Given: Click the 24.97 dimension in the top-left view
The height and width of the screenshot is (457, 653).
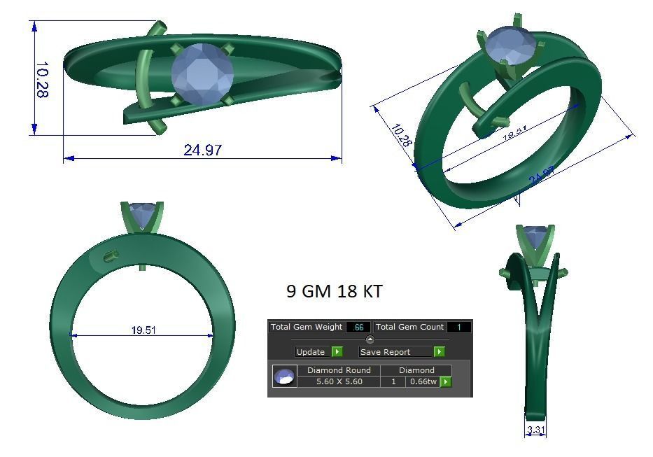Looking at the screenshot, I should point(203,150).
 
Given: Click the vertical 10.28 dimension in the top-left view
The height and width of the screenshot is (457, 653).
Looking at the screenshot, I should point(41,79).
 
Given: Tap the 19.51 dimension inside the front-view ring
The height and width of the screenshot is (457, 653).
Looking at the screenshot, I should point(143,330).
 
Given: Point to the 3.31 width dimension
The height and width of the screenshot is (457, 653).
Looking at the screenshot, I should point(535,430).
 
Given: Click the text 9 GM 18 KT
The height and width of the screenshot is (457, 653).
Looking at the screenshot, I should point(335,291).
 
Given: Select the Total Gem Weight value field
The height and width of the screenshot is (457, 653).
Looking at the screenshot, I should point(359,327).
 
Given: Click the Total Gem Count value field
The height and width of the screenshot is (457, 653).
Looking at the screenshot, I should point(458,327).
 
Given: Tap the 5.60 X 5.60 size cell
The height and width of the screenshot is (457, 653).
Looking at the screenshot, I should point(339,381).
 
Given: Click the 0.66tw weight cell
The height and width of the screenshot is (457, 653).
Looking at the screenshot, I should point(422,381).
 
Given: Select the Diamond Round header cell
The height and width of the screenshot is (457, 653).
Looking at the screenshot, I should point(339,370).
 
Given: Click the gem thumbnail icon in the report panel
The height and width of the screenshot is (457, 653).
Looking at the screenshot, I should point(284,377).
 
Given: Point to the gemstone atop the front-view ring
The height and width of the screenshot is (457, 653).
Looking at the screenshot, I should point(143,214).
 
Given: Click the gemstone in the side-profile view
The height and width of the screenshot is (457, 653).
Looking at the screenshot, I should point(535,237).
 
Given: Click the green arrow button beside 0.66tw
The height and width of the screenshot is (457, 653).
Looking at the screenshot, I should point(446,381).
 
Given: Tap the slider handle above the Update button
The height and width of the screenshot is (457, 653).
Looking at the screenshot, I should point(370,339).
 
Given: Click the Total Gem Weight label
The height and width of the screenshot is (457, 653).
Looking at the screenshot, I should point(307,327).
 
